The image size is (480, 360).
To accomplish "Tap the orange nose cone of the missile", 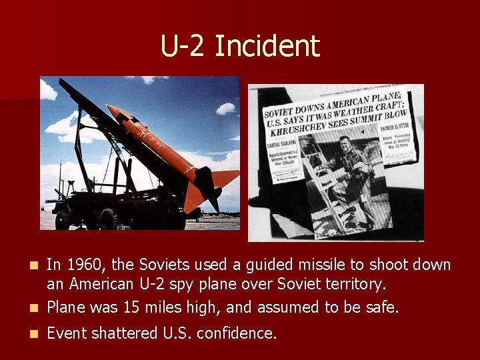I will coord(114,109).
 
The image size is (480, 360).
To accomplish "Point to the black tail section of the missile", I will coord(211,199).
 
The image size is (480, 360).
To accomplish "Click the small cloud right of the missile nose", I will coord(226,108).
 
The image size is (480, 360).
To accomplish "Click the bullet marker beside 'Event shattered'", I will coord(35,333).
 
